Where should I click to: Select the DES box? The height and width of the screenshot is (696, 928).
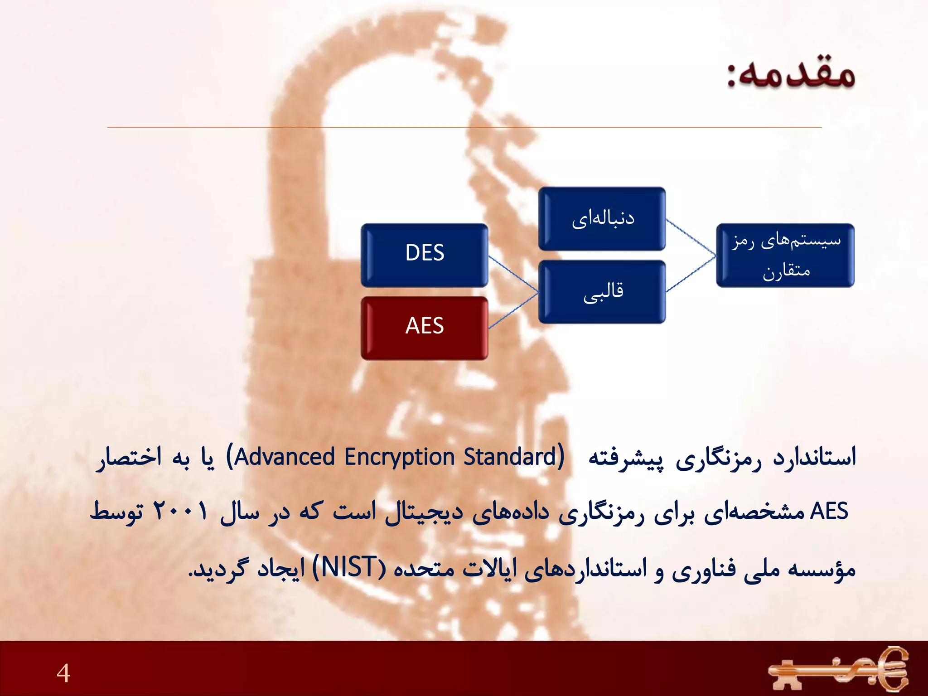(x=425, y=255)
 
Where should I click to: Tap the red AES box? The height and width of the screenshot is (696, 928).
(x=425, y=328)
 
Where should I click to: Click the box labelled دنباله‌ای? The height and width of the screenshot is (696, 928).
(x=602, y=219)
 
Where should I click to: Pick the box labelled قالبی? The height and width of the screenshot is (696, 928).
(x=602, y=292)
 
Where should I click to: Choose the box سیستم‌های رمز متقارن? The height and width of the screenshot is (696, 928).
(x=785, y=255)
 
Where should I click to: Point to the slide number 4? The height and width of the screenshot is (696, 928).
(x=63, y=672)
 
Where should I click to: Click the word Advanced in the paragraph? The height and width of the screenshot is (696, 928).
(x=285, y=457)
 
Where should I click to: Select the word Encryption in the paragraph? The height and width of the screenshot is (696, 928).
(x=399, y=457)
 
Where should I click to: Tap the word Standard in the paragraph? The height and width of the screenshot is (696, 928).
(x=510, y=457)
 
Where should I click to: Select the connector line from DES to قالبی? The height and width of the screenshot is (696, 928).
(x=513, y=274)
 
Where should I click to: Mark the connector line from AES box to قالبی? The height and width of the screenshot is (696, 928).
(x=513, y=310)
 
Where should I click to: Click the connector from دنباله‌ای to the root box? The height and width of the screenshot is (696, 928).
(x=691, y=238)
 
